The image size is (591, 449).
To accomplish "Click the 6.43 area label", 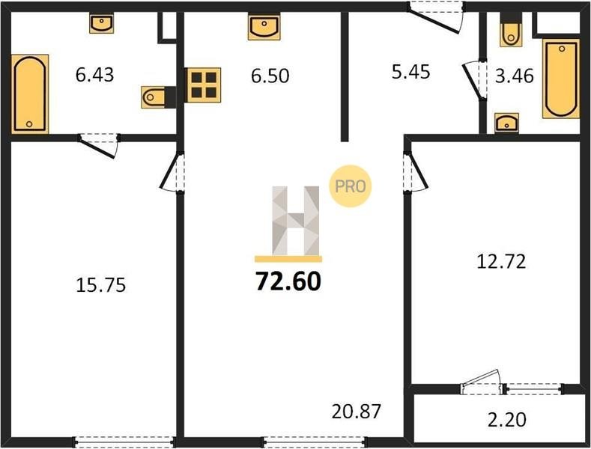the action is click(94, 75).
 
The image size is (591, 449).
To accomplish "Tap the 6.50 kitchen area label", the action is click(270, 76).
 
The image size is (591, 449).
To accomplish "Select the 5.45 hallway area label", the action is click(410, 72).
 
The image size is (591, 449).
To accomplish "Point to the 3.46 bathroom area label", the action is click(515, 76).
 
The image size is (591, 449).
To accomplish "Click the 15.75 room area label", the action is click(100, 285).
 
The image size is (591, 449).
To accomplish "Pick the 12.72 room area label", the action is click(501, 261).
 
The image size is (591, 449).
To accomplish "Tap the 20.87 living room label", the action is click(357, 412).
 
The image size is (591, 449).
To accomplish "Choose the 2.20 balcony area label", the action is click(507, 420).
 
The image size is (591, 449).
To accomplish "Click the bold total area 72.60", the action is click(288, 281).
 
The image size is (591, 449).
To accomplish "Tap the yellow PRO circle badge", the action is click(350, 186).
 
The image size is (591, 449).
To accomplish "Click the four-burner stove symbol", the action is click(203, 85).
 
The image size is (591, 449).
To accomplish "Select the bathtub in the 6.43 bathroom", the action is click(30, 94).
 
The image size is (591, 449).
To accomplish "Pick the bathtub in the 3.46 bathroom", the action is click(561, 79).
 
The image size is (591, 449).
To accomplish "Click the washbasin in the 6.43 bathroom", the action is click(101, 23).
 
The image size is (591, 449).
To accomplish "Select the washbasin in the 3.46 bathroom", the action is click(506, 123).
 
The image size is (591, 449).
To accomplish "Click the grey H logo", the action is click(295, 221).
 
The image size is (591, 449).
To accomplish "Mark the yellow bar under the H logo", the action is click(288, 259).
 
